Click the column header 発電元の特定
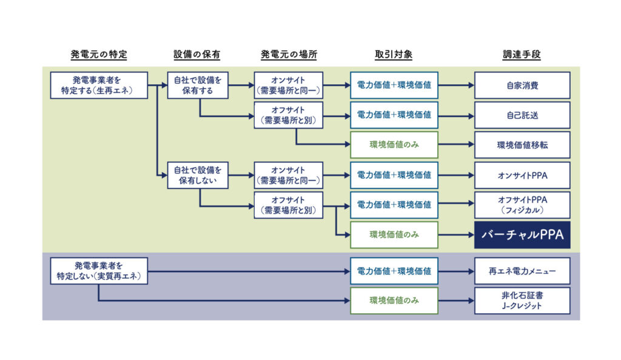[x=99, y=55]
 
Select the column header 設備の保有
[x=196, y=55]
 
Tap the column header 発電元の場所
[x=289, y=55]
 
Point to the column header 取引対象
[x=394, y=55]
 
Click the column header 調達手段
[x=522, y=55]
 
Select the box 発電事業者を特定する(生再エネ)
[x=99, y=85]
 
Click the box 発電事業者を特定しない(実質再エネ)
[x=99, y=271]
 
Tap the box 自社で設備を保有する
[x=198, y=85]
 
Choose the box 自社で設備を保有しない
[x=198, y=175]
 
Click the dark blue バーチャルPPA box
[x=522, y=236]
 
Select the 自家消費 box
[x=522, y=85]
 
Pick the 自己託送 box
[x=522, y=115]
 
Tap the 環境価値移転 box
[x=522, y=145]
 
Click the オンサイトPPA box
[x=522, y=175]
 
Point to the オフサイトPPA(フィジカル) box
[x=522, y=205]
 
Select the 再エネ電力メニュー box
[x=522, y=271]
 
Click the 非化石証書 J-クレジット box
[x=522, y=301]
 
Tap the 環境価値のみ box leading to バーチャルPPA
[x=394, y=235]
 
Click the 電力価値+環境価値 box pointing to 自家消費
[x=394, y=85]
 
